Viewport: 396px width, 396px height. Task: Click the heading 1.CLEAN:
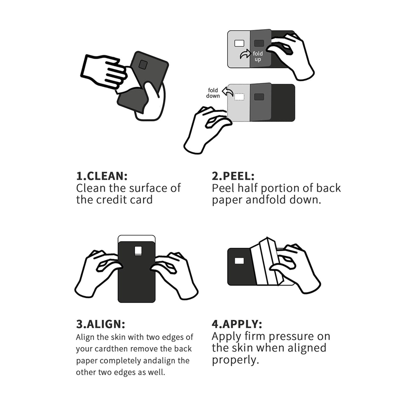click(102, 176)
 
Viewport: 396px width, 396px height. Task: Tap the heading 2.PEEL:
click(233, 176)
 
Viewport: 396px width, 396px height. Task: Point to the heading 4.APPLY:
click(237, 324)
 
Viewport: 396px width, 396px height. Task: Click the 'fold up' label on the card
click(258, 56)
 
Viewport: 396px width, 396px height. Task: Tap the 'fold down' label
click(213, 93)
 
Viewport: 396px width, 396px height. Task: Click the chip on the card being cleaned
click(143, 65)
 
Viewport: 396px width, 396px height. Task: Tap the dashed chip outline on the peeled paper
click(239, 97)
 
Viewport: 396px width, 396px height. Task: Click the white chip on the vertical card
click(138, 250)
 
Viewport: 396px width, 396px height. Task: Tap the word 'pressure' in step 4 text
click(291, 337)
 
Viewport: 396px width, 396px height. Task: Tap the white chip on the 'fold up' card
click(239, 43)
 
